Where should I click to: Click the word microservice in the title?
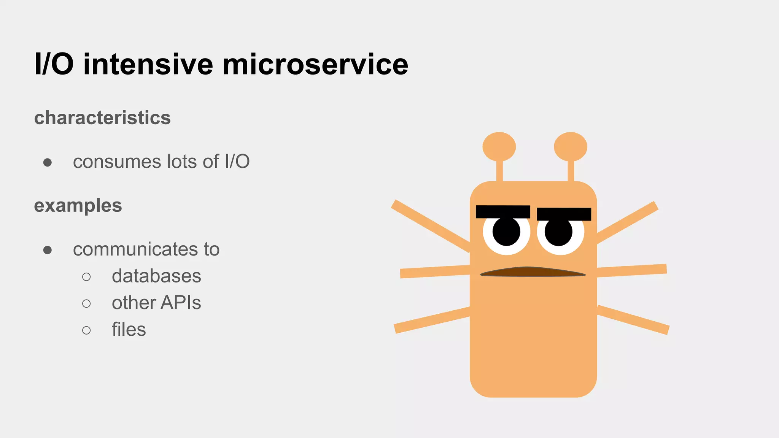(x=315, y=64)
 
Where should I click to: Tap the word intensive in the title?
(x=148, y=64)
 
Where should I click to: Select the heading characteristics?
(x=102, y=118)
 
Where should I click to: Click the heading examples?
(x=78, y=206)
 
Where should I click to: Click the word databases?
(x=156, y=276)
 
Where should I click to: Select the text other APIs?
(x=156, y=303)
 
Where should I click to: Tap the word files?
(x=129, y=330)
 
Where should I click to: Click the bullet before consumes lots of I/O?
(x=48, y=163)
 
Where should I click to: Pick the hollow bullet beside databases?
(x=86, y=277)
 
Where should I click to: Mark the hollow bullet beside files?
(x=86, y=330)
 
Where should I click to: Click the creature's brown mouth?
(x=533, y=272)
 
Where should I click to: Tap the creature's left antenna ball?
(x=499, y=147)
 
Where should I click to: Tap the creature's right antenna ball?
(x=571, y=147)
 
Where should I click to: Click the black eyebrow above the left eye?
(x=503, y=212)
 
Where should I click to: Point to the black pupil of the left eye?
(x=506, y=232)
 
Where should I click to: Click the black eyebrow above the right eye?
(x=564, y=214)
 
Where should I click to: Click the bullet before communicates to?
(x=48, y=250)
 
